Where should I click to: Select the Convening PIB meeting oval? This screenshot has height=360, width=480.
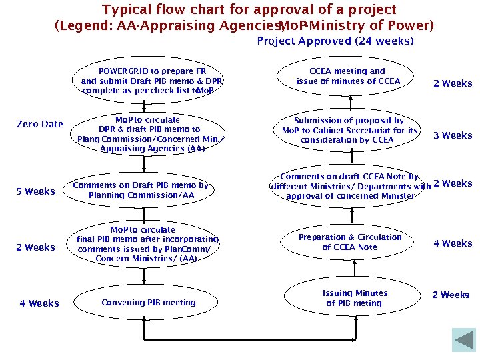coord(149,303)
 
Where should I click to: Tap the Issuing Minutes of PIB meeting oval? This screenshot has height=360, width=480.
coord(354,298)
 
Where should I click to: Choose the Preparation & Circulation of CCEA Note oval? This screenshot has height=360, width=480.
coord(350,242)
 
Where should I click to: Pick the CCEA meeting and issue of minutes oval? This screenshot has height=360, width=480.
coord(348,77)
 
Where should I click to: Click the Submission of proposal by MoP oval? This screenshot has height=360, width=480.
coord(349,131)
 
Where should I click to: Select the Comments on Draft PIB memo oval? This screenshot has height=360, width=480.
coord(141,191)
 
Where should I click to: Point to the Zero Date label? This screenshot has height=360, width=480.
coord(40,124)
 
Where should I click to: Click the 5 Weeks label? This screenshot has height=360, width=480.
coord(36,192)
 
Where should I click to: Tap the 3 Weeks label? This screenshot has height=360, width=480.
coord(453,135)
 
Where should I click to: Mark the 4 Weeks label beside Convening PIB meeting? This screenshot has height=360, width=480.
coord(39,303)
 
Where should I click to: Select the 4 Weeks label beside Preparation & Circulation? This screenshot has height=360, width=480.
coord(453,243)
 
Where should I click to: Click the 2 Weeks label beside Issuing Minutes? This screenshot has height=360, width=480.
coord(451,295)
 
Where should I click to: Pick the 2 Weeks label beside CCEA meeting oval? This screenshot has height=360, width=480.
coord(453,83)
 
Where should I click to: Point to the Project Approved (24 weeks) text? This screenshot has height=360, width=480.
coord(335,41)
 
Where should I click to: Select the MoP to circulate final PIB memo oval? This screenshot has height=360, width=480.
coord(147,244)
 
